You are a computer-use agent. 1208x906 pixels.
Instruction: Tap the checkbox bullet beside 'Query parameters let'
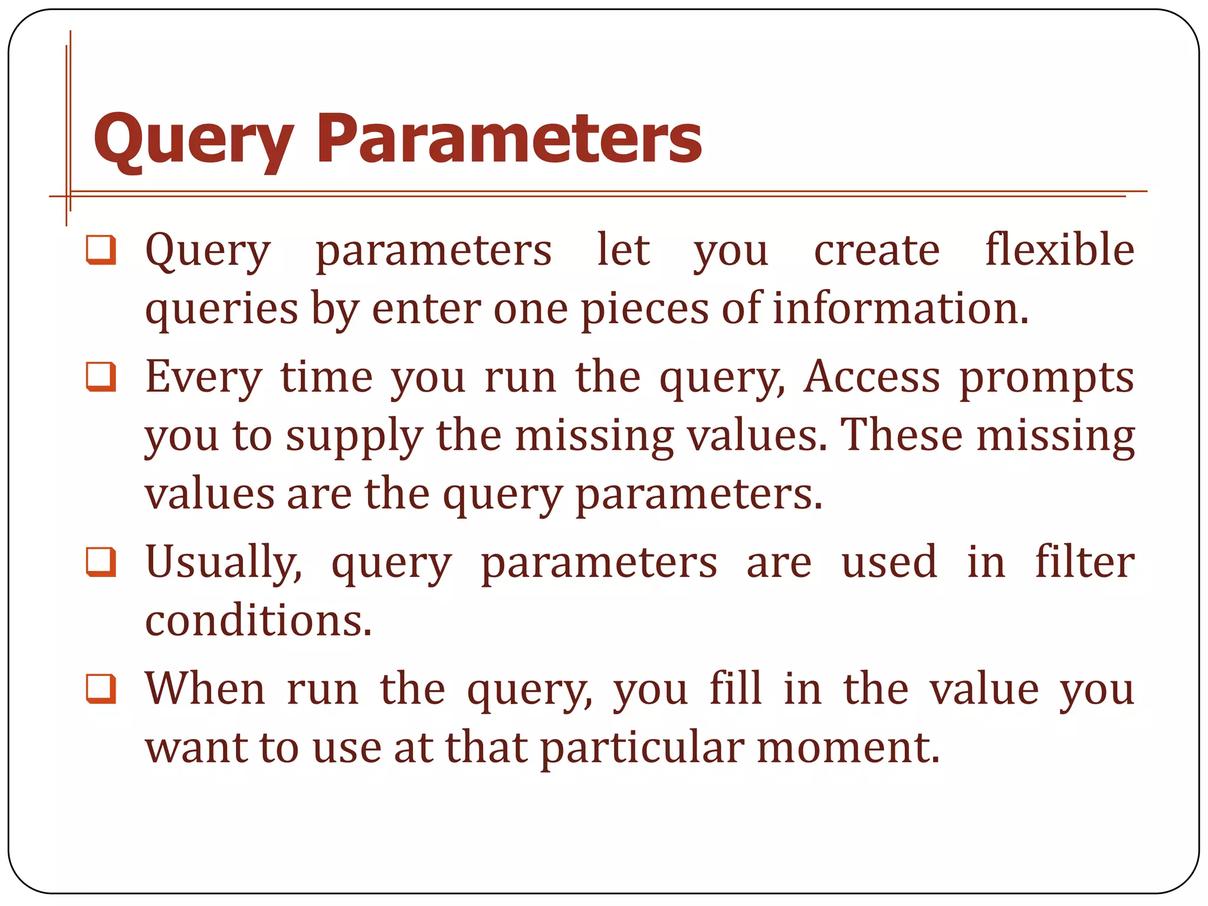pos(101,250)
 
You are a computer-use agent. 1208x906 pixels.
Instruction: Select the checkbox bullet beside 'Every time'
pos(101,377)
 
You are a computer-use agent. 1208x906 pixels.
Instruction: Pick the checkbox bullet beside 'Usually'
pos(101,562)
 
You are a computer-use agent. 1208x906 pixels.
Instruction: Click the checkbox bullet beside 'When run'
pos(101,689)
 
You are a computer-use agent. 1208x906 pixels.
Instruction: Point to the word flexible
pos(1059,250)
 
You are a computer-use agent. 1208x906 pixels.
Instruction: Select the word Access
pos(872,377)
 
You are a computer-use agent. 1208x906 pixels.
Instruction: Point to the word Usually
pos(223,562)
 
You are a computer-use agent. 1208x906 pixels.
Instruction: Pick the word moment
pos(848,747)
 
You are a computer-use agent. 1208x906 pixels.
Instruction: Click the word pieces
pos(645,310)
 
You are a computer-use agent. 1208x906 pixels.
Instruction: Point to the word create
pos(877,251)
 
